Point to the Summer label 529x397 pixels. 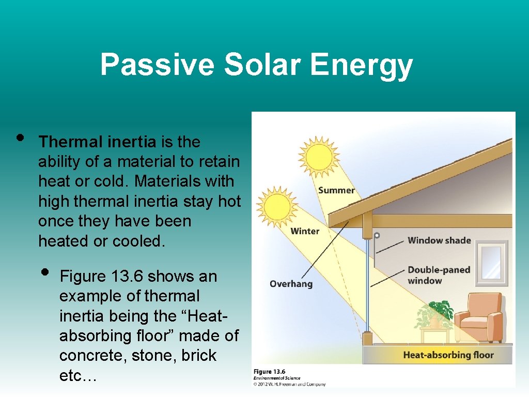pyautogui.click(x=336, y=190)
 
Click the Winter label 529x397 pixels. pyautogui.click(x=305, y=231)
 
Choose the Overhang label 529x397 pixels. pyautogui.click(x=291, y=284)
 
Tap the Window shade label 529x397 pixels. pyautogui.click(x=439, y=240)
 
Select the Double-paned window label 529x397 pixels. pyautogui.click(x=439, y=275)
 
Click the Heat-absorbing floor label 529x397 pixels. pyautogui.click(x=448, y=355)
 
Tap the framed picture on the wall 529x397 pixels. pyautogui.click(x=491, y=263)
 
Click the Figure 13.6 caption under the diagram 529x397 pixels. pyautogui.click(x=269, y=372)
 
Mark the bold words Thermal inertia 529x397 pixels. pyautogui.click(x=97, y=142)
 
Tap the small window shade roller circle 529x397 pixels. pyautogui.click(x=377, y=235)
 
